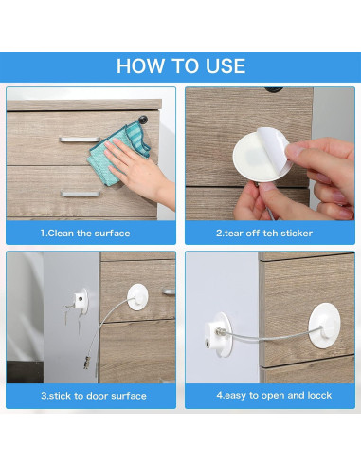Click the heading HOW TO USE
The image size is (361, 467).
point(181,66)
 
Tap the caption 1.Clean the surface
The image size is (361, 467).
point(85,233)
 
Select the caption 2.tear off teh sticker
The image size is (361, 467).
point(264,233)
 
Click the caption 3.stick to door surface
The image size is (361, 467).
point(94,396)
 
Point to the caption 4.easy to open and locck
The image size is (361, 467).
point(274,396)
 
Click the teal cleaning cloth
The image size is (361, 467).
point(119,153)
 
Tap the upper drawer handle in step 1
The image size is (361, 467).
point(80,140)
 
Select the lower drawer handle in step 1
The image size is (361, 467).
point(81,193)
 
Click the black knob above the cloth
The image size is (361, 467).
point(143,120)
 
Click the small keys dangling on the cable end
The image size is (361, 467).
point(87,363)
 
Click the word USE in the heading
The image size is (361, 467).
point(226,66)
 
